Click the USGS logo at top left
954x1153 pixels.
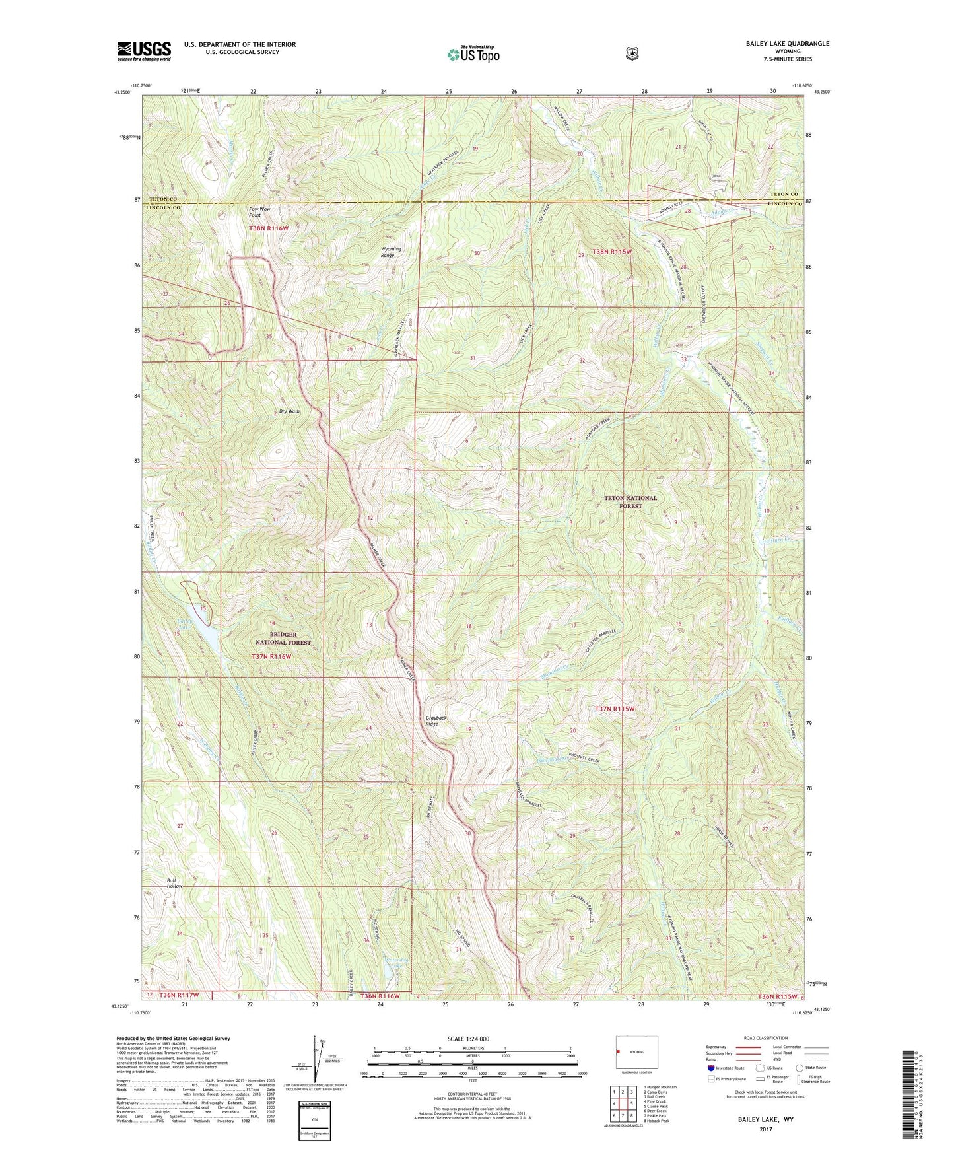[144, 51]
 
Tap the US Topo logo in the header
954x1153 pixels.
[473, 54]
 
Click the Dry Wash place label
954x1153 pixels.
[289, 411]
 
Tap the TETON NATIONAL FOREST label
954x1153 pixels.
[630, 502]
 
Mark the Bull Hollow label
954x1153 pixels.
[174, 883]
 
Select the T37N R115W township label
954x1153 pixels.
[615, 709]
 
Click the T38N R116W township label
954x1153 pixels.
[269, 228]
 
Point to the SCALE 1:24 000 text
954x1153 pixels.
[468, 1039]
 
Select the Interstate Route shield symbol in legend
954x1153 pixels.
[710, 1067]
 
